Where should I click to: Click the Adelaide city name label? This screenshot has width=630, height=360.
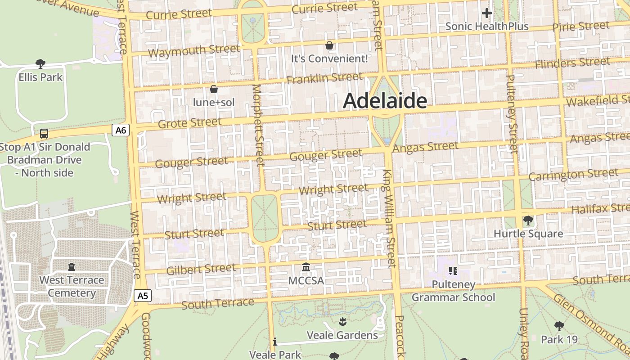[385, 101]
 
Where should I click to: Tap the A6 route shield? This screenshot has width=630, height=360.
[120, 130]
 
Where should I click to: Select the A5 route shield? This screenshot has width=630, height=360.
[142, 296]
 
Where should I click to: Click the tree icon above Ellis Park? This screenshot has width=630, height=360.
[40, 63]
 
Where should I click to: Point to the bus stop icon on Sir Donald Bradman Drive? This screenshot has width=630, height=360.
[44, 133]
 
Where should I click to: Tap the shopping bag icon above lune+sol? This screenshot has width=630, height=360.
[214, 89]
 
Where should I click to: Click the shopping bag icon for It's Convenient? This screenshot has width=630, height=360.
[329, 45]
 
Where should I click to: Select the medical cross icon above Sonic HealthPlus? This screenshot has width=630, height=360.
[486, 13]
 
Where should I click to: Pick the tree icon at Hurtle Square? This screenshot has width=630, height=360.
[528, 220]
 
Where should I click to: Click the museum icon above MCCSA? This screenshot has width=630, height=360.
[306, 267]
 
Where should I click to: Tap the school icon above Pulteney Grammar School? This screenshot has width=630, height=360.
[453, 270]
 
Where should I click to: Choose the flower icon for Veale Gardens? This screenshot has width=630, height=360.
[342, 321]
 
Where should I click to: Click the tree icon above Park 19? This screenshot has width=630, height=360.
[559, 326]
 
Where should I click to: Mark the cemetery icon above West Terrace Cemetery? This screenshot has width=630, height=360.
[71, 267]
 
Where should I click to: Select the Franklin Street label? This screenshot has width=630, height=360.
[324, 78]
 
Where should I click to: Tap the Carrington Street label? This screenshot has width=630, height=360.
[573, 175]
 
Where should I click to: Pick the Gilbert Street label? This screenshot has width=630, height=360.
[201, 270]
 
